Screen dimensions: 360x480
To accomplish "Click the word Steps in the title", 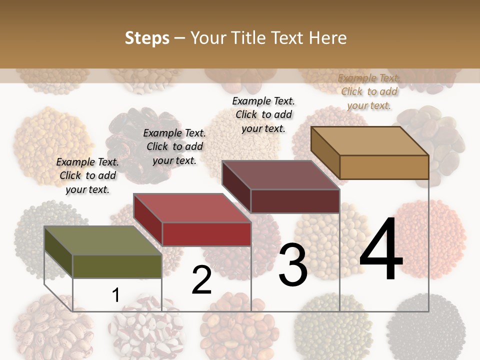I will point(147,38).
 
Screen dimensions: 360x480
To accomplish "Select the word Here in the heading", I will point(327,38).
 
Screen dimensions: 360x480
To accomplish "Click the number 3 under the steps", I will point(293,265).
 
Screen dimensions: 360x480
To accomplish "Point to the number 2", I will point(201,280).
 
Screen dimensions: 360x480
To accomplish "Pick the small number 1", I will point(115,295).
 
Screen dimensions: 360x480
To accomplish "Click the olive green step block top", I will point(103,240).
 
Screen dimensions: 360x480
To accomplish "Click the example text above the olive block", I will point(87,175).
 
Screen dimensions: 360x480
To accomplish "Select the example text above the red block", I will point(174,146).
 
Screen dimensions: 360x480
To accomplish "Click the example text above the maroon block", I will point(263,114).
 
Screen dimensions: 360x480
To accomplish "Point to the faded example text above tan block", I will point(369,91).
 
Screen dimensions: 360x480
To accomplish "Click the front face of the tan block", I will point(384,167).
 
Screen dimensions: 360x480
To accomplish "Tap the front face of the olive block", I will point(117,266).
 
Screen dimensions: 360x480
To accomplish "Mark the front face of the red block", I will point(206,234).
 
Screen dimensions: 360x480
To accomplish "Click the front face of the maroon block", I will point(295,201).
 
